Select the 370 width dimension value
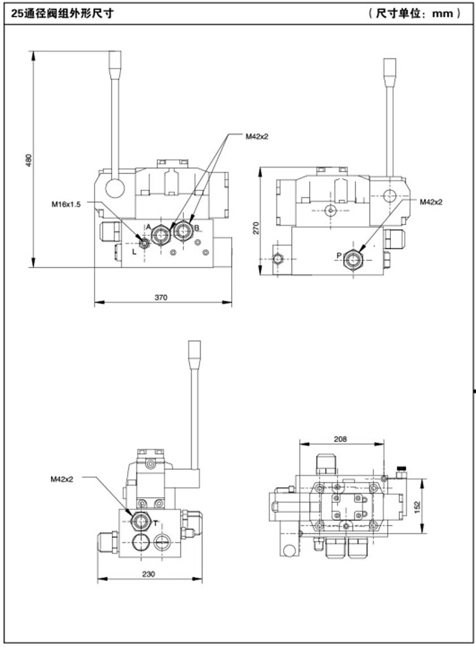click(x=161, y=297)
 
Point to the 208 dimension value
click(x=340, y=438)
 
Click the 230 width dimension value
click(x=148, y=573)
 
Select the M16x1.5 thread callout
click(x=66, y=204)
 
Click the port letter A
click(x=149, y=226)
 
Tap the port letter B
click(x=197, y=227)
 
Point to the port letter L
click(x=133, y=252)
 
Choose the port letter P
click(x=339, y=256)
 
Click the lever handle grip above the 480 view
click(x=114, y=63)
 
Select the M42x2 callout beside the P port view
click(x=431, y=202)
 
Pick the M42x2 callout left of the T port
click(x=62, y=479)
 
